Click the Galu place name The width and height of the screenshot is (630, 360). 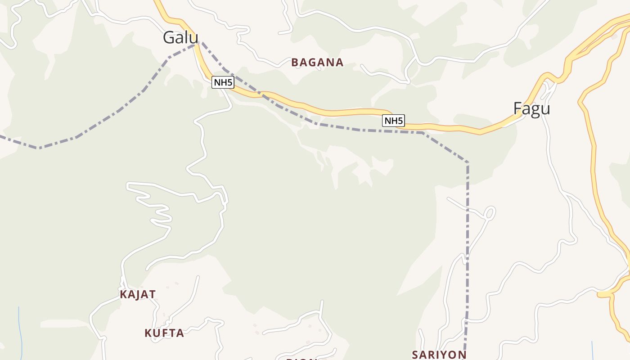click(180, 37)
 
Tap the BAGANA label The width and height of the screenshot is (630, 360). click(317, 63)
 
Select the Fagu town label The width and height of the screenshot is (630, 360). click(531, 109)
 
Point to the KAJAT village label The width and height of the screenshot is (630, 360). click(138, 295)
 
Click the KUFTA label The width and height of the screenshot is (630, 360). click(164, 333)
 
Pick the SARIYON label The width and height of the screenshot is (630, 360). click(439, 355)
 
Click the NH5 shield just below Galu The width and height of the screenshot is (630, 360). click(223, 82)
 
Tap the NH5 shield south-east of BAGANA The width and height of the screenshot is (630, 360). click(393, 121)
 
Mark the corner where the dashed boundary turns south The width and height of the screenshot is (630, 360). click(468, 162)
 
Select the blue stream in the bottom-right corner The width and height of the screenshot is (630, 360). click(592, 351)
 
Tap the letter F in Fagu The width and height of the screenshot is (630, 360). click(518, 109)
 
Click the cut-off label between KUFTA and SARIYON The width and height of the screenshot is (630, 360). click(301, 359)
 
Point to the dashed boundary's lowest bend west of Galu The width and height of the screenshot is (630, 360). click(39, 148)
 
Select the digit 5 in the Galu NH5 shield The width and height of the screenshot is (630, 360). click(230, 82)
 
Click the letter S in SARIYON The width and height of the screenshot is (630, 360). click(415, 355)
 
